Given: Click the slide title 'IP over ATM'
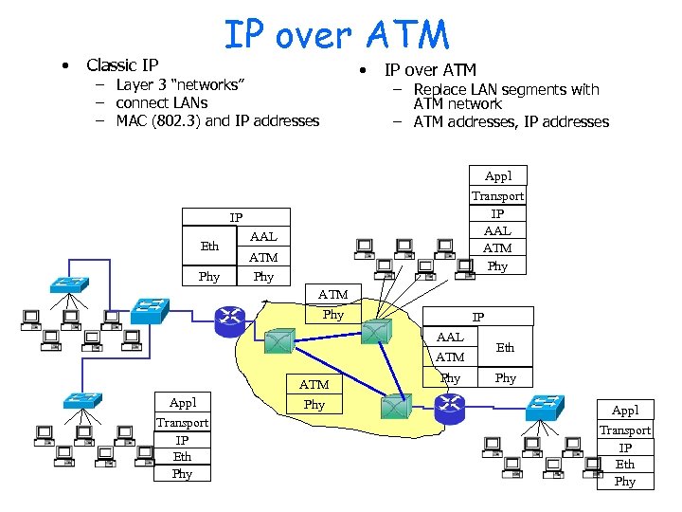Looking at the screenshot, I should [x=336, y=35].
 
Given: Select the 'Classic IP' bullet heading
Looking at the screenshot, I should [x=122, y=65].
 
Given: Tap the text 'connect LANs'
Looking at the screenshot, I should [x=161, y=102].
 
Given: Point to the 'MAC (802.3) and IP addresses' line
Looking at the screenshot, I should [x=217, y=120].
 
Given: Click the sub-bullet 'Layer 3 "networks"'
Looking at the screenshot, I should [x=180, y=84].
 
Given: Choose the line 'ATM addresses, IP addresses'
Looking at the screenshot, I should [x=511, y=121].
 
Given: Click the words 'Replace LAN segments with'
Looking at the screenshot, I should [x=506, y=89].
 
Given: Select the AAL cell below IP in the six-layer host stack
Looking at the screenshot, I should [x=497, y=230].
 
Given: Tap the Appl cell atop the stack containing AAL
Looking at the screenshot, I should [x=497, y=176].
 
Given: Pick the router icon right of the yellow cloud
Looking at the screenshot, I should [x=448, y=407].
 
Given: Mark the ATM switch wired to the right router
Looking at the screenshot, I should [x=391, y=406].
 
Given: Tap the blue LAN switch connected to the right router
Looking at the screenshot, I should [x=544, y=406].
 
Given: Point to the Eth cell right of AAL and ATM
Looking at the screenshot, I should [x=506, y=348].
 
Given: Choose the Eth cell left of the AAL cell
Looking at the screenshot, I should [x=209, y=246].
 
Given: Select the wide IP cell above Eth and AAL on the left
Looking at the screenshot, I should [x=236, y=218].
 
